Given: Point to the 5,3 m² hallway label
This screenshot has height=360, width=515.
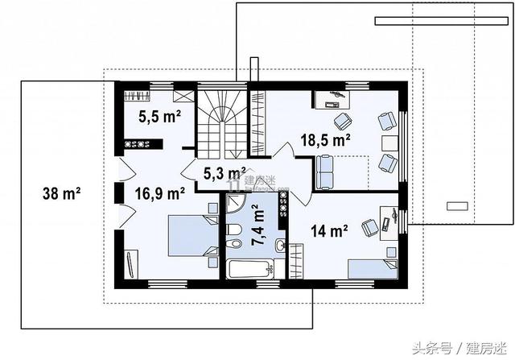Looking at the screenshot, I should point(224,172).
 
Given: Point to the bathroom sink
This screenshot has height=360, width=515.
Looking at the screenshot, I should point(278,245).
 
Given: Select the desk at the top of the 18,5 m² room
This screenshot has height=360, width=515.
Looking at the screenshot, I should point(335,98).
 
